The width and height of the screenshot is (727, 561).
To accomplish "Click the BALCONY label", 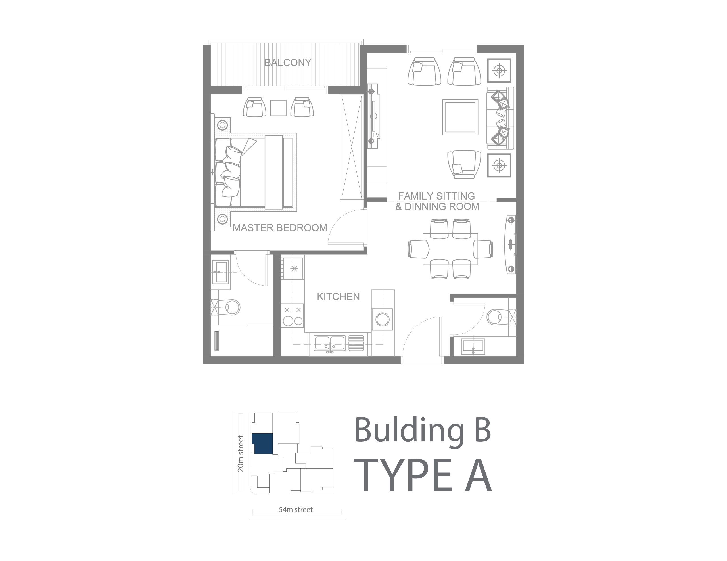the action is (x=288, y=62).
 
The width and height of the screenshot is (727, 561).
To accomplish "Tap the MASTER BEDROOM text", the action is (x=280, y=228).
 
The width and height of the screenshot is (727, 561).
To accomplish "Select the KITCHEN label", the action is (x=338, y=296).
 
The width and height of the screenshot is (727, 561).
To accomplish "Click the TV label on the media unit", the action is (x=376, y=135).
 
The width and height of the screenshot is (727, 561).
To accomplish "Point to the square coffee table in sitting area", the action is (x=460, y=118).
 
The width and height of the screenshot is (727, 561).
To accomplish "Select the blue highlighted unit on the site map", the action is (x=262, y=443).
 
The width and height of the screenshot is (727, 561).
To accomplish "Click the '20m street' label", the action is (x=240, y=453).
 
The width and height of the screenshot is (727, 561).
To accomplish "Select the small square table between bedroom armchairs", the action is (x=278, y=108).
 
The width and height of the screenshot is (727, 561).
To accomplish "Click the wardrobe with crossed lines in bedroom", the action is (x=352, y=147).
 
